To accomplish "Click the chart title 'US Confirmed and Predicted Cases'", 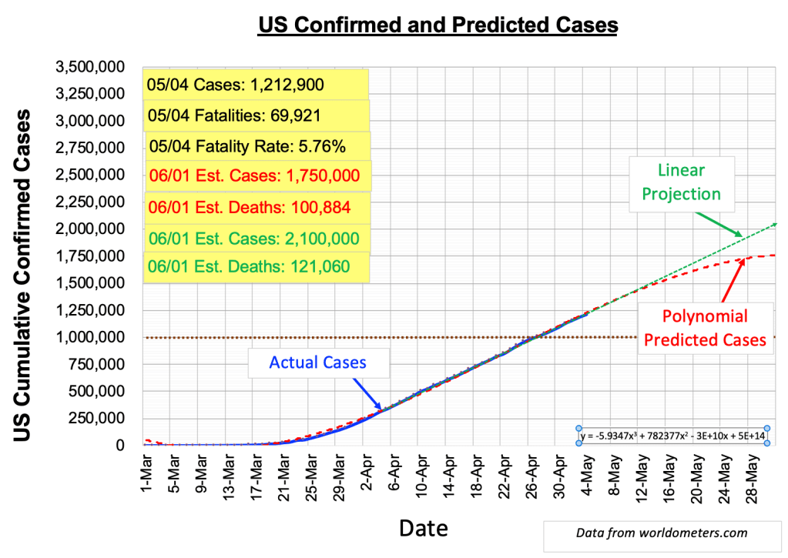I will [438, 25].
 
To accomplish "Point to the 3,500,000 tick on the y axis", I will [91, 67].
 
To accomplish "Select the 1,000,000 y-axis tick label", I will [91, 337].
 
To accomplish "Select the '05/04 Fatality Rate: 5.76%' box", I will [258, 145].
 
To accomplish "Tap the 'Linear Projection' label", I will [682, 182].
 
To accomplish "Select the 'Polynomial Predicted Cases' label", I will [705, 327].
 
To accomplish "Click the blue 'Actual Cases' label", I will [317, 362].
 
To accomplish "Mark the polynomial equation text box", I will [672, 436].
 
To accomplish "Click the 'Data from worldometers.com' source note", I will [661, 532].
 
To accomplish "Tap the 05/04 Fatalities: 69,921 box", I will [255, 115].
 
